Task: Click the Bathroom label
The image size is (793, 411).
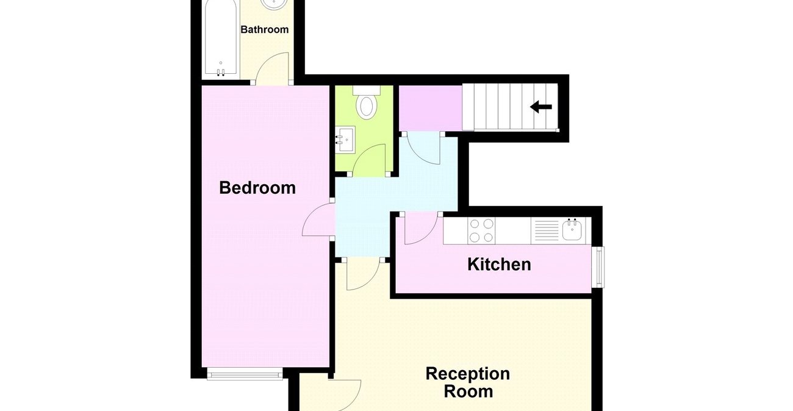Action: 264,29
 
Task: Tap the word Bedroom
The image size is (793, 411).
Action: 257,187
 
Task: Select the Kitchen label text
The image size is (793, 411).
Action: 499,264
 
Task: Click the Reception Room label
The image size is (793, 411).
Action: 467,382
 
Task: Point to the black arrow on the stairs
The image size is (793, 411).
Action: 540,107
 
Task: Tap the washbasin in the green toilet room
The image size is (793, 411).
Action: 345,140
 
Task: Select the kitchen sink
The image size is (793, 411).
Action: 572,231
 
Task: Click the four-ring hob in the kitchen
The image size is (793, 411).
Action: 481,231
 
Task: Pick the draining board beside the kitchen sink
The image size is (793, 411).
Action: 546,231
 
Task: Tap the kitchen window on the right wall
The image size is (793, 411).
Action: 600,266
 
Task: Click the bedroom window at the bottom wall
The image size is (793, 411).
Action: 244,374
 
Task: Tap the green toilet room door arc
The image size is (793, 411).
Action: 370,160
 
